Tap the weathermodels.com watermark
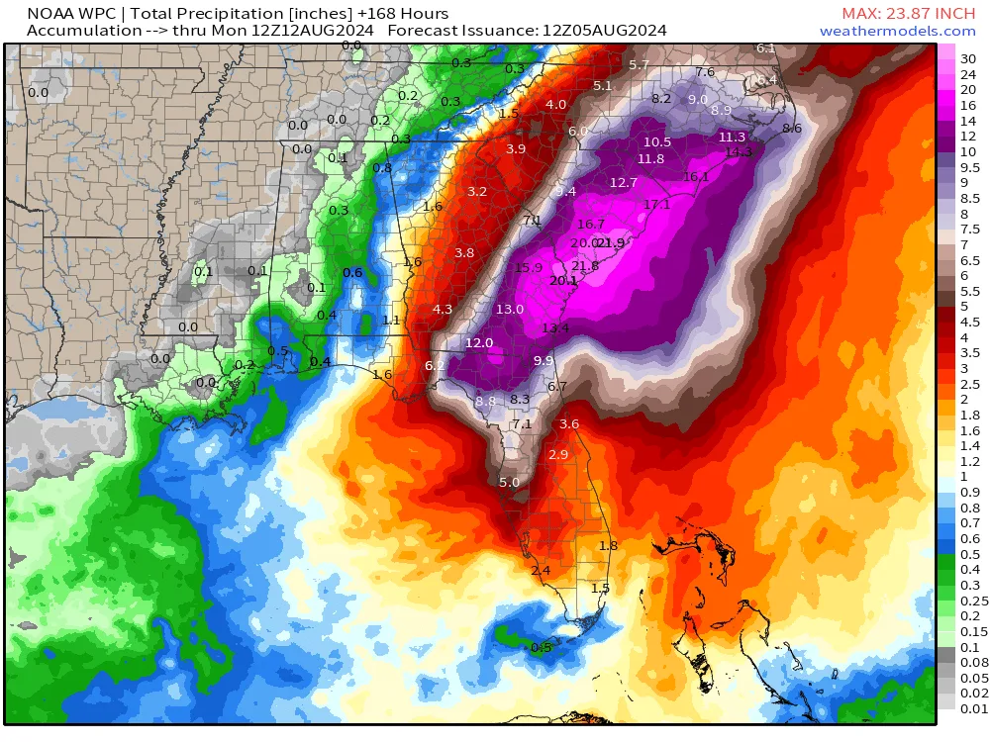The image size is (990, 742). click(897, 31)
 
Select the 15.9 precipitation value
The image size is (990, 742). click(529, 268)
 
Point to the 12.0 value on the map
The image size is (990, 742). click(479, 343)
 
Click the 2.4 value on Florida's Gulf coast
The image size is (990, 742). click(541, 571)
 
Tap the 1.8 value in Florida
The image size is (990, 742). click(608, 545)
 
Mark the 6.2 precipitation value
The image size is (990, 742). click(435, 365)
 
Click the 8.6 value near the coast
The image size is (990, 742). click(792, 129)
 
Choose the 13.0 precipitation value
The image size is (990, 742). click(510, 310)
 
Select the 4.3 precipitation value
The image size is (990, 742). click(443, 310)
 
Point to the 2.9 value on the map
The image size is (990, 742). click(558, 455)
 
